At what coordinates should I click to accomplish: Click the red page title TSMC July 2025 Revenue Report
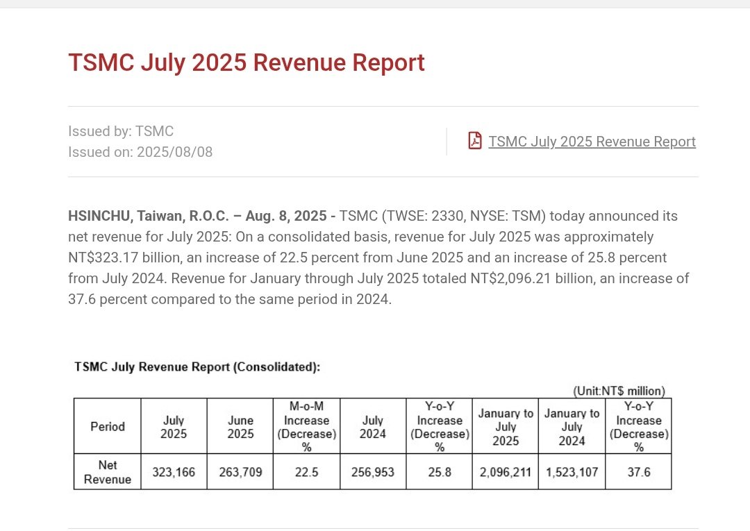tap(246, 62)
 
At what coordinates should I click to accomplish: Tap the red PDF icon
tap(475, 141)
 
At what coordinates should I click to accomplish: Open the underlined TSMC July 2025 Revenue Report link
tap(592, 142)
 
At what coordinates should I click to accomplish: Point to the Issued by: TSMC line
tap(121, 131)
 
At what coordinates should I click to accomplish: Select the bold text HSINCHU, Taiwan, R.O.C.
tap(147, 216)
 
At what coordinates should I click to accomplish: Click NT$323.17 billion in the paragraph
tap(121, 258)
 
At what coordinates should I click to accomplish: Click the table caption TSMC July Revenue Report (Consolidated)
tap(197, 367)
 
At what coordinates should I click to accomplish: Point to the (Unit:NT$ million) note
tap(618, 391)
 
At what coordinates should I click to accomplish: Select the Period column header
tap(108, 426)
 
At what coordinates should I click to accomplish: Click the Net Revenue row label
tap(108, 472)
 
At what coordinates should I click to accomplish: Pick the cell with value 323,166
tap(174, 472)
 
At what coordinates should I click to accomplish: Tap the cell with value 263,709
tap(240, 472)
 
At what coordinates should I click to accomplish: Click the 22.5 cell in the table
tap(306, 472)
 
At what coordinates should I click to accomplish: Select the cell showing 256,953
tap(372, 472)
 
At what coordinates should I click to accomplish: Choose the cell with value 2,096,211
tap(506, 472)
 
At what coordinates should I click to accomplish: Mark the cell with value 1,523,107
tap(572, 472)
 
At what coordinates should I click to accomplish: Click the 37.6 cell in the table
tap(638, 472)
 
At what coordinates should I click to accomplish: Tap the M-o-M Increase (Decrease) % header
tap(306, 426)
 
